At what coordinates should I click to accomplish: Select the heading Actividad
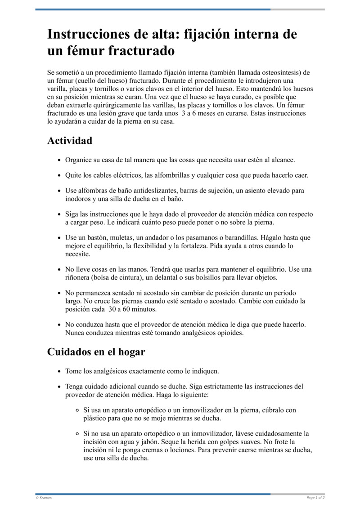pos(70,141)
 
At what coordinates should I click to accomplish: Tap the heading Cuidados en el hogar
pos(96,352)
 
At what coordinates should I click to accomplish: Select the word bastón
pos(99,238)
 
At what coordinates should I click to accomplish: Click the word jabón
pos(146,442)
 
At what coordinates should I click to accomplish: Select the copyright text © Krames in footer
pos(44,498)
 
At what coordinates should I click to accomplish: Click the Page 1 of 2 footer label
pos(315,498)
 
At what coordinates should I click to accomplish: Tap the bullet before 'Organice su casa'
pos(60,160)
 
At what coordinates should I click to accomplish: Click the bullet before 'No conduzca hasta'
pos(60,325)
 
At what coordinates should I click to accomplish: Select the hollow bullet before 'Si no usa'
pos(78,434)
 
